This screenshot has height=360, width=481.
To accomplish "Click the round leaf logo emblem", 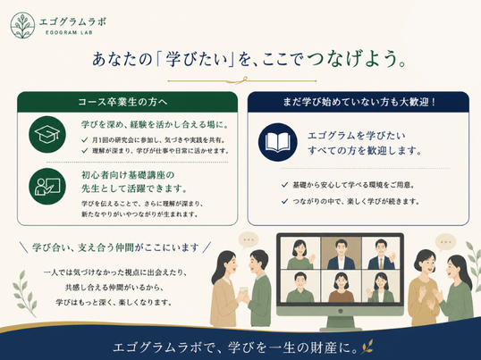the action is pos(22,25).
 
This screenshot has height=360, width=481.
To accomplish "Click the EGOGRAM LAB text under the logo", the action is pos(69,32).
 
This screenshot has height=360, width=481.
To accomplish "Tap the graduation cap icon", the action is pos(47,135).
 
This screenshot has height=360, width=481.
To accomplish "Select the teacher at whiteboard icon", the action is pos(47,186).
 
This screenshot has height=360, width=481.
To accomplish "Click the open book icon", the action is pos(278,142).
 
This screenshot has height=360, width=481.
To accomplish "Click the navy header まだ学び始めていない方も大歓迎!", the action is pos(359,102).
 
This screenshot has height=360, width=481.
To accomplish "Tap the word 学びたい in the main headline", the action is pos(198,59).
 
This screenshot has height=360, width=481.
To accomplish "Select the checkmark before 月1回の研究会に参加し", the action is pos(85,140).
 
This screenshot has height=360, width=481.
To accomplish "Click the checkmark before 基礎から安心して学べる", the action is pos(284,185).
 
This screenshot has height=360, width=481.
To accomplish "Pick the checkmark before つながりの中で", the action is pos(284,201).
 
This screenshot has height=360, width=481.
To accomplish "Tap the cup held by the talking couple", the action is pos(243,291).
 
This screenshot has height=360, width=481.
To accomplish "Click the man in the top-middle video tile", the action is pos(342,254).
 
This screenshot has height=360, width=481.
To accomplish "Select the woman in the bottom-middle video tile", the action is pos(342,287).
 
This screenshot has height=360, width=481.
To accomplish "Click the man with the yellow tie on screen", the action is pos(381,254).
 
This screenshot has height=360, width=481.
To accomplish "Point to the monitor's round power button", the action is pos(341,311).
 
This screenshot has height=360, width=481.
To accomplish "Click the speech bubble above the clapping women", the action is pos(445,242).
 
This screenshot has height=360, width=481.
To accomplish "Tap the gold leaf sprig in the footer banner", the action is pos(367,347).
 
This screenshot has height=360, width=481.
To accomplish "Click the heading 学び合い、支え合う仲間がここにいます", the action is pos(115,247).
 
